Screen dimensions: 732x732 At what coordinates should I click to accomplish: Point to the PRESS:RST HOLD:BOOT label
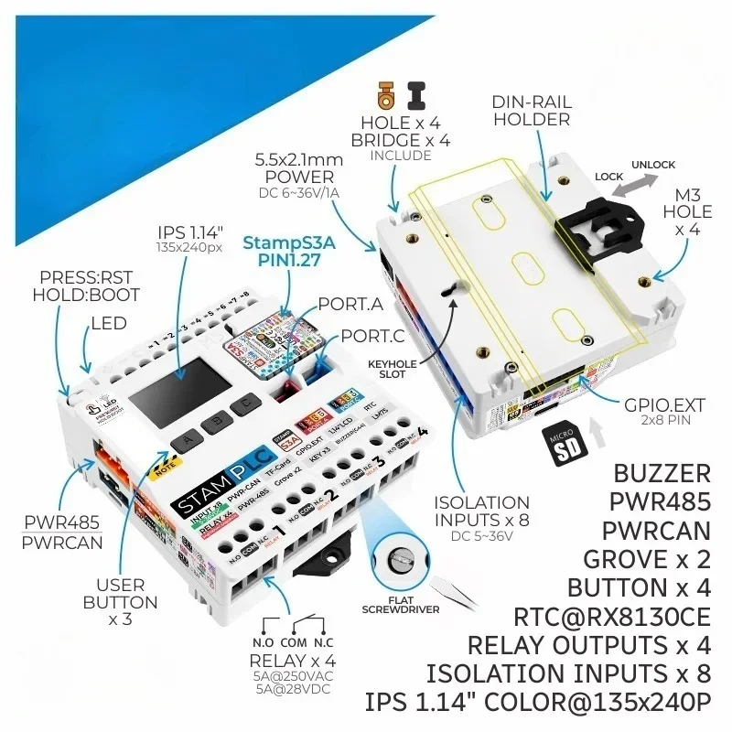tap(86, 285)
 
